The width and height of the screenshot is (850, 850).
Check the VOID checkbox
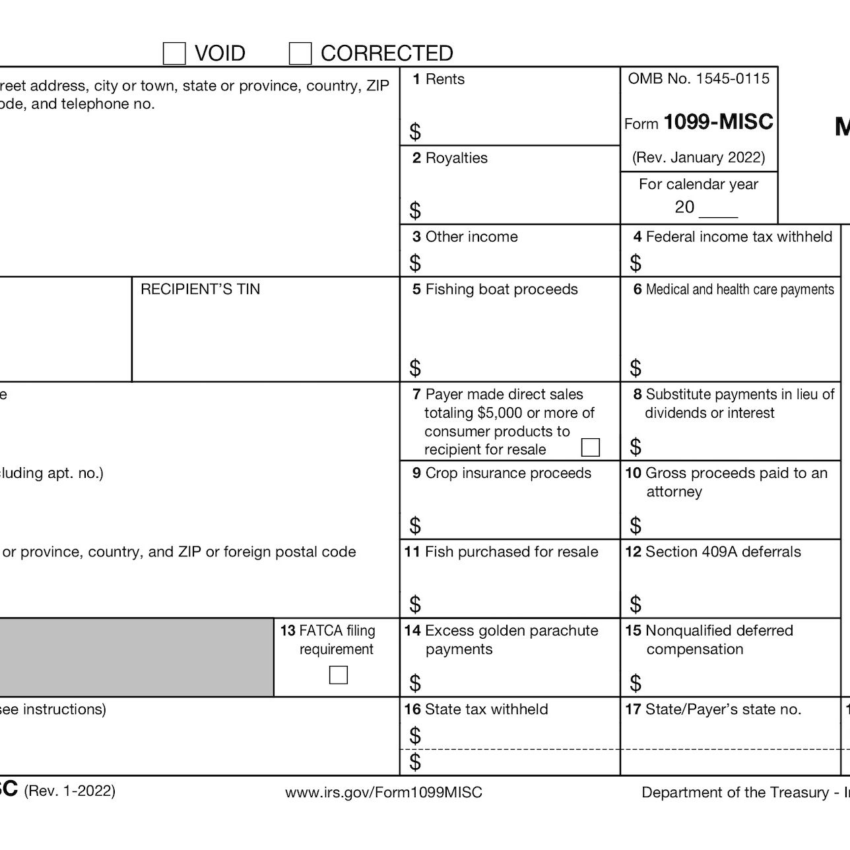point(174,54)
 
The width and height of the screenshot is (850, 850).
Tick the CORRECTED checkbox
point(300,54)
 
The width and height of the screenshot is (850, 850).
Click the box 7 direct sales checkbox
point(590,447)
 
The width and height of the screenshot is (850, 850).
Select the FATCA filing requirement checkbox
point(338,675)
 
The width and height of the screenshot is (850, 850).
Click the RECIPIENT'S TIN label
point(200,289)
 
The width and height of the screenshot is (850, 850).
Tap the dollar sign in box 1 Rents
point(415,132)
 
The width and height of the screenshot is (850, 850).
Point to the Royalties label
point(456,158)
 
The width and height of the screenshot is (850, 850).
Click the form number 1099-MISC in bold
point(718,122)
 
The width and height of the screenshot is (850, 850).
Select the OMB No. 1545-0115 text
point(698,79)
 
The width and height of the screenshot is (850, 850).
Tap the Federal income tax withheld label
point(738,237)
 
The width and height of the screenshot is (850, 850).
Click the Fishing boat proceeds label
point(501,289)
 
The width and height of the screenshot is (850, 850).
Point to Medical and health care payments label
point(739,289)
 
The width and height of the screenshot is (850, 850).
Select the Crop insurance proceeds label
point(507,473)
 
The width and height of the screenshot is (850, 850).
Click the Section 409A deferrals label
point(723,552)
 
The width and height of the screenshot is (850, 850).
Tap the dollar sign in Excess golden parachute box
point(415,682)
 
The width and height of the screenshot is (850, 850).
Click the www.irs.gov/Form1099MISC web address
point(383,793)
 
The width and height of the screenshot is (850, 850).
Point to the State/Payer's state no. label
point(723,709)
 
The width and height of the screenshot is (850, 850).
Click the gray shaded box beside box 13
point(135,657)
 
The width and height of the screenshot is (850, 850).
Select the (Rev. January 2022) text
point(698,158)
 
